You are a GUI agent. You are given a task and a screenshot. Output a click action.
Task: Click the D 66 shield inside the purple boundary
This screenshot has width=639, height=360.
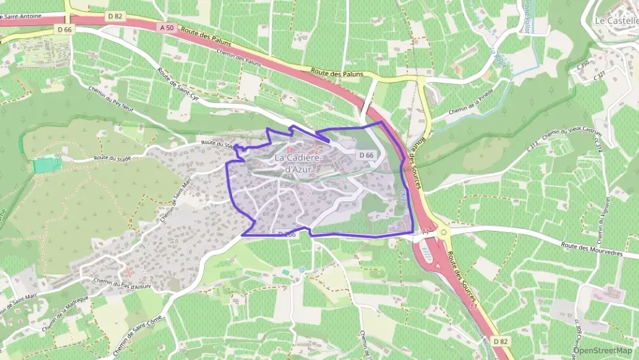(x=366, y=156)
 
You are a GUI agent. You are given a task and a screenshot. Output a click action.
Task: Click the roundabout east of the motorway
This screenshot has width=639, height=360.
(x=444, y=232)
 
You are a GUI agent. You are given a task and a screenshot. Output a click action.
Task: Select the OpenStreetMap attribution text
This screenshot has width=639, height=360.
(x=603, y=350)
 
